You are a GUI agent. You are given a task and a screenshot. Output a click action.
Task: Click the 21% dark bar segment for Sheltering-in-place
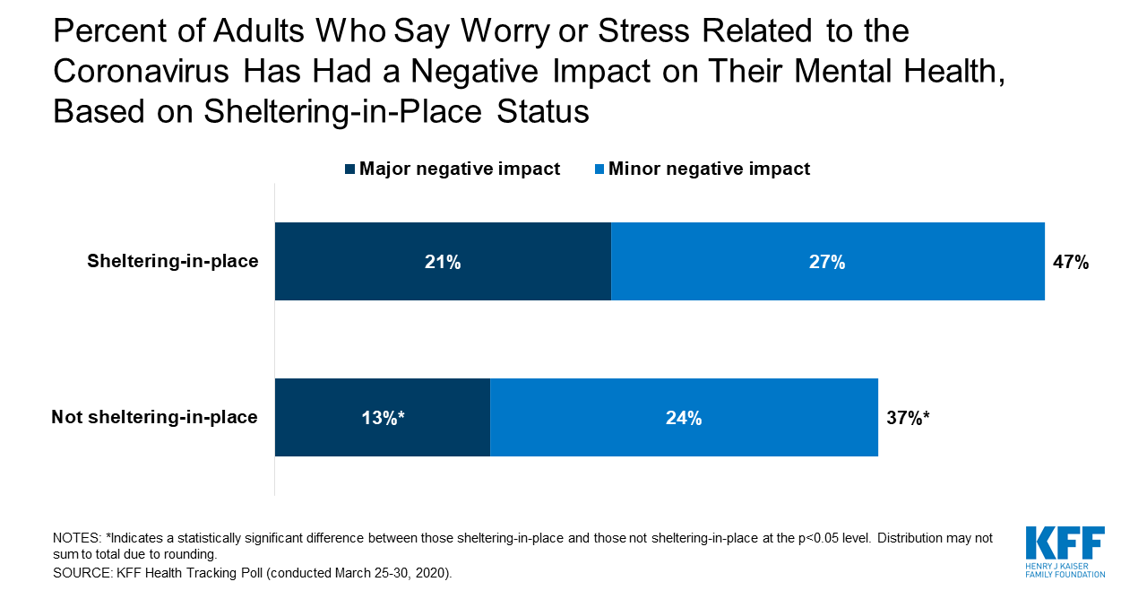tap(443, 261)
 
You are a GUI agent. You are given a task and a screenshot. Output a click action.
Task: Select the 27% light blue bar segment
tap(827, 261)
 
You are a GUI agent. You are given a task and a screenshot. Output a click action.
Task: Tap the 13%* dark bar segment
tap(383, 417)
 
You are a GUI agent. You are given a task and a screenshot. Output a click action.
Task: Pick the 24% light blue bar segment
tap(684, 417)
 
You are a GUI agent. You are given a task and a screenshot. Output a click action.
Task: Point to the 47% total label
tap(1070, 262)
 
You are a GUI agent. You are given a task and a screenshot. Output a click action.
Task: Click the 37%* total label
tap(907, 417)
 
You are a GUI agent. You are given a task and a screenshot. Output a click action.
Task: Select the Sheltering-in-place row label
tap(173, 262)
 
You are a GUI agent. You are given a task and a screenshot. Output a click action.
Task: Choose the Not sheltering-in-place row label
tap(154, 417)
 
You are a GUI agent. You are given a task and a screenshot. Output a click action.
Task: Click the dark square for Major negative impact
tap(350, 169)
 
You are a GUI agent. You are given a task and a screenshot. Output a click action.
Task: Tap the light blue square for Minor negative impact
tap(599, 169)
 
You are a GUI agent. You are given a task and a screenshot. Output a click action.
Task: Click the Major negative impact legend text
tap(460, 169)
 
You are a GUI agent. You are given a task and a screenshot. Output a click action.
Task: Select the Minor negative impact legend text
tap(709, 169)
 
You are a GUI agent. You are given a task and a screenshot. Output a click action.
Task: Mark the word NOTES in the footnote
tap(75, 538)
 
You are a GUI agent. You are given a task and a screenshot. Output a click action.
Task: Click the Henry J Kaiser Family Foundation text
tap(1065, 569)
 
